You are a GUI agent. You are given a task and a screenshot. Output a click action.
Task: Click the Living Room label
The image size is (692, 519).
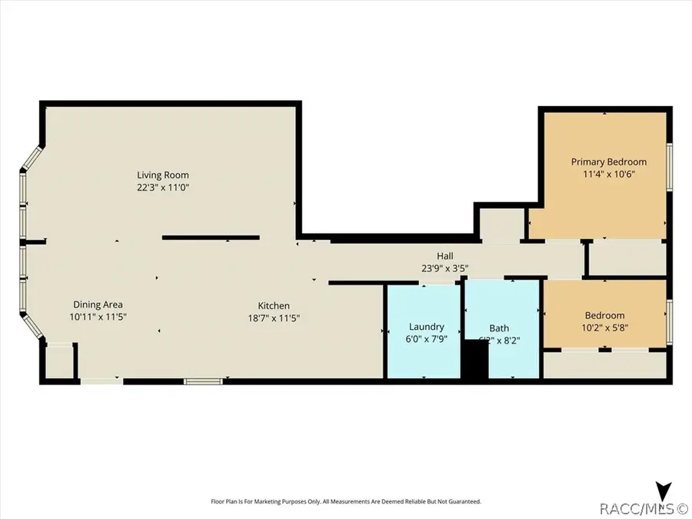pos(163,175)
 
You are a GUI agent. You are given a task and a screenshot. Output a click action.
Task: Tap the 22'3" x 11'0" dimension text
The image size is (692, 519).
pos(163,187)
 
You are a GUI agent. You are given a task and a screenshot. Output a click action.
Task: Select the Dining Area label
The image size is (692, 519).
pos(98,304)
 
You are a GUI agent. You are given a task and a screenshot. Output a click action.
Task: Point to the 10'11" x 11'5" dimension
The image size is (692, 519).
pos(98,317)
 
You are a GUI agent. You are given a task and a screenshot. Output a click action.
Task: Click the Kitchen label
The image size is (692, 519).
pos(274,305)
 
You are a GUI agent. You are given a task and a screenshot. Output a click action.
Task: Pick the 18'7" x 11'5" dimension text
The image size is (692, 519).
pos(274,317)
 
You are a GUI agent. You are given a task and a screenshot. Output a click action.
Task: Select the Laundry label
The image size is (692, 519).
pos(426,327)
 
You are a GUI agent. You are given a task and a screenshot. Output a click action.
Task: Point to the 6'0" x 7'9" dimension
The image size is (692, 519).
pos(426,338)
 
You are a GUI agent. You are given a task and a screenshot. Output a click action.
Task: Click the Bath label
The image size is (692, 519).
pos(497,328)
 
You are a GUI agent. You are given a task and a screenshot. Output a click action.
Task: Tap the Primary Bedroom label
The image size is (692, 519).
pos(608,161)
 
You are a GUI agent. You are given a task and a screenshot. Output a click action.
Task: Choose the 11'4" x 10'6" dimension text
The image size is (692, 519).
pos(608,174)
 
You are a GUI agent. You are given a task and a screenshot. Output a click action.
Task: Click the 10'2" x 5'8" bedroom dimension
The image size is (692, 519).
pos(604,327)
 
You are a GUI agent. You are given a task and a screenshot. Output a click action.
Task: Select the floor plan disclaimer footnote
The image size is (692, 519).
pos(346,501)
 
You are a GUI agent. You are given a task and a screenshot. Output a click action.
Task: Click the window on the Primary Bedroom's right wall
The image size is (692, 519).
pos(670,165)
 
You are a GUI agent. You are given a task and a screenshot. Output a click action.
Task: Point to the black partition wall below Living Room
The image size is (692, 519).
pos(211,238)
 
